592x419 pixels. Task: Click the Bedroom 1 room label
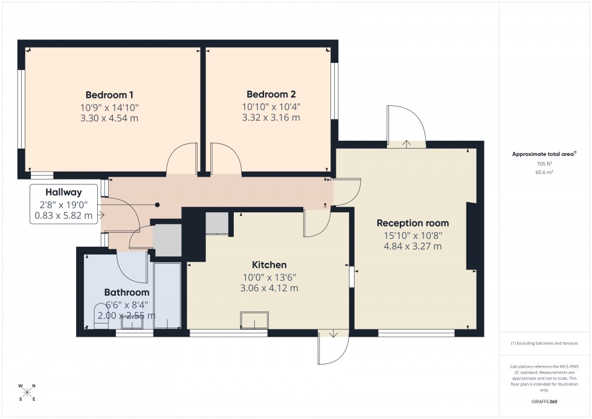click(x=109, y=95)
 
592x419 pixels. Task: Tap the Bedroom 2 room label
click(x=271, y=94)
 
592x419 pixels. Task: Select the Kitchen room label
click(x=269, y=265)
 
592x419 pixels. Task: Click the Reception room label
click(x=413, y=223)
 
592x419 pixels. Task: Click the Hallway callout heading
click(x=63, y=192)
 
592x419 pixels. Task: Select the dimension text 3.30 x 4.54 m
click(x=109, y=118)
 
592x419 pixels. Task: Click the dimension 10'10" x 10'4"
click(x=271, y=106)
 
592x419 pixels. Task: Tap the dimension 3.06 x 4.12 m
click(x=269, y=288)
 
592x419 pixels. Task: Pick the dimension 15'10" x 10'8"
click(x=413, y=235)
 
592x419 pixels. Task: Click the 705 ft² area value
click(x=544, y=164)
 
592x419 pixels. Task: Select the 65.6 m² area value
click(x=544, y=172)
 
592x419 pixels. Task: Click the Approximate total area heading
click(x=544, y=154)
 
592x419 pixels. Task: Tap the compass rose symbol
click(x=27, y=392)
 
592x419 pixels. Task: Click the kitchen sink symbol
click(x=254, y=320)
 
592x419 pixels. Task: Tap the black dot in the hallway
click(x=158, y=205)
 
